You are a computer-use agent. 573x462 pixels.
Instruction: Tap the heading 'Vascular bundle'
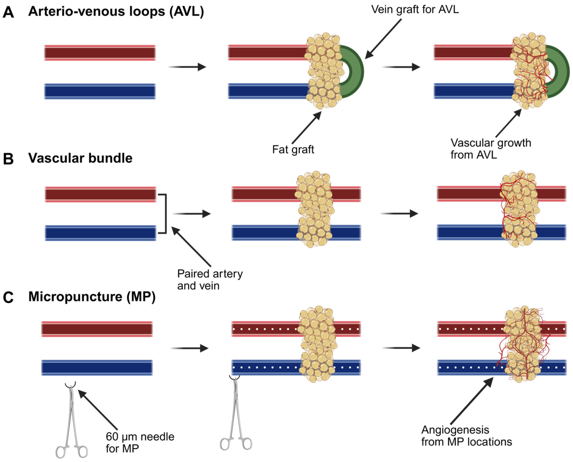coord(80,158)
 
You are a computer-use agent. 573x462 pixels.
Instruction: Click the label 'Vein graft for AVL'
coord(415,10)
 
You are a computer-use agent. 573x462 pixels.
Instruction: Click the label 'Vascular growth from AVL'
coord(490,149)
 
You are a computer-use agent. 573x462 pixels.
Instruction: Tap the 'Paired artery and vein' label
coord(210,280)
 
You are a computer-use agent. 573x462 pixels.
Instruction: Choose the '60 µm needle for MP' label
coord(140,442)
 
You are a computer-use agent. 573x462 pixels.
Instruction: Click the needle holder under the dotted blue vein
coord(236,415)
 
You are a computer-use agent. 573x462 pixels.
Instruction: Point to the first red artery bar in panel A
coord(100,53)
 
